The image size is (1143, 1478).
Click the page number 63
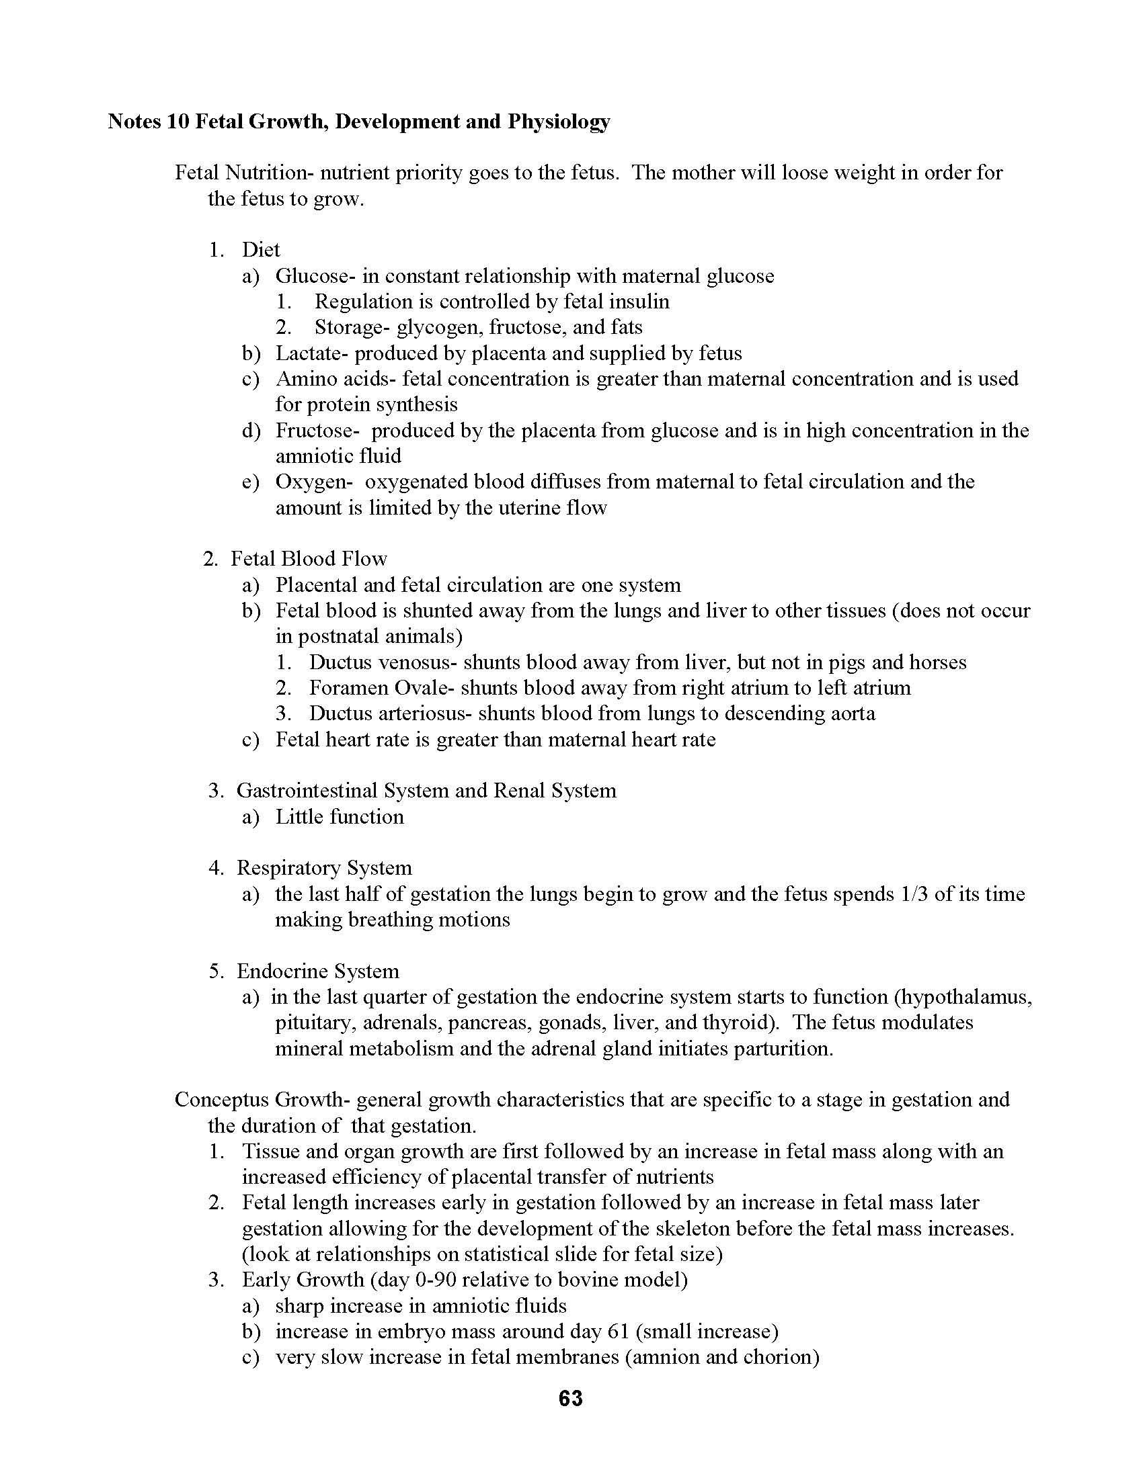tap(571, 1398)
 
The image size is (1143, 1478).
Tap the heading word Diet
tap(261, 250)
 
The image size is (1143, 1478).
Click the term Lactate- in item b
tap(311, 353)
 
